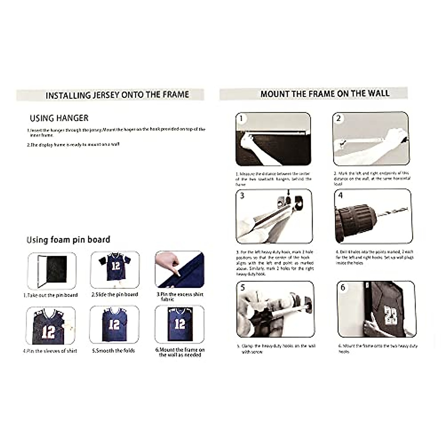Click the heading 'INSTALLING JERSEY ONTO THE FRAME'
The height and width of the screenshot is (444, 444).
point(117,95)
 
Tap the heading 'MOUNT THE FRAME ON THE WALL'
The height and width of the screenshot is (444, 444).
point(325,94)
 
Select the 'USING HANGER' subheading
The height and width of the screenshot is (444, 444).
point(59,118)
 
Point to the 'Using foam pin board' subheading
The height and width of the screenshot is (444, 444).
point(68,240)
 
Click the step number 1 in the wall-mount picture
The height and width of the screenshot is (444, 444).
point(241,119)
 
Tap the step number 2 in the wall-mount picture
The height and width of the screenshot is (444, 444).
point(338,118)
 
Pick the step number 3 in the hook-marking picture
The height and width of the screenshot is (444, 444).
point(242,195)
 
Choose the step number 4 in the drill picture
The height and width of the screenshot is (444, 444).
point(340,195)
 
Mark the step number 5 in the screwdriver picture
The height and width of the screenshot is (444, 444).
point(243,287)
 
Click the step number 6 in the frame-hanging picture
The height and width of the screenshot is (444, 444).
point(343,287)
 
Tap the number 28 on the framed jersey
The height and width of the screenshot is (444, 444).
point(390,316)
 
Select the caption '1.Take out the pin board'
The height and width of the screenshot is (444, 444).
point(51,295)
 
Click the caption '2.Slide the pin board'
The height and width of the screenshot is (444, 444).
point(115,295)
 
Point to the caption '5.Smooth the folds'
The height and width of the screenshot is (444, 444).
point(114,350)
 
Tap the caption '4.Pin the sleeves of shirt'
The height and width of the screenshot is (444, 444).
point(50,351)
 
